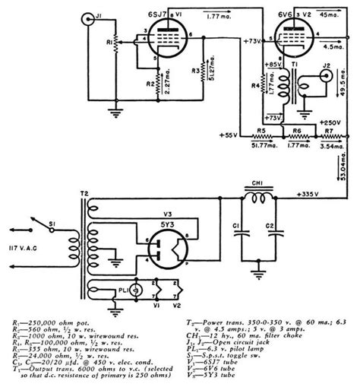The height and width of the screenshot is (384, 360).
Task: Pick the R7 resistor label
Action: pyautogui.click(x=329, y=130)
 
